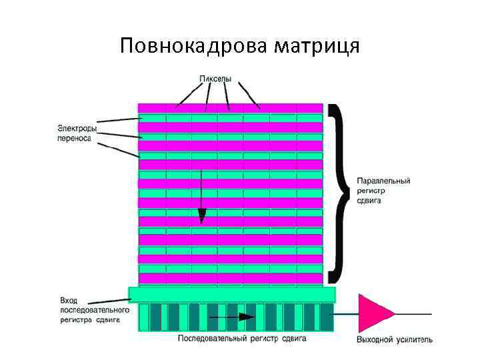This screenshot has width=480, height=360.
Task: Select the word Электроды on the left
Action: pyautogui.click(x=75, y=128)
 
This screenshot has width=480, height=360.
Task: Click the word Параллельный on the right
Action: pyautogui.click(x=383, y=181)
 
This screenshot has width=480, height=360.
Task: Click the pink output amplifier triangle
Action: pyautogui.click(x=373, y=313)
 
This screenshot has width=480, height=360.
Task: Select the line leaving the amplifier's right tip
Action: pyautogui.click(x=413, y=314)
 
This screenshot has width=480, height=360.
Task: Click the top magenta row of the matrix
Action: pyautogui.click(x=230, y=107)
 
